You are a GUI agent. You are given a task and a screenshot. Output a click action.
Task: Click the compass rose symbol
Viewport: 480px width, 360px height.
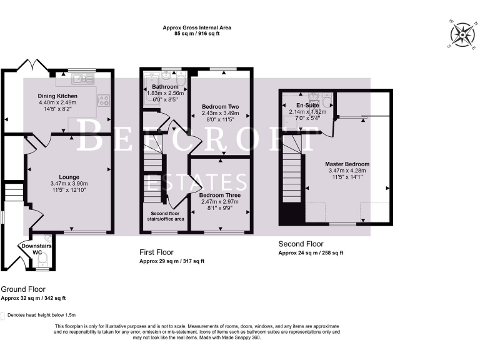(462, 33)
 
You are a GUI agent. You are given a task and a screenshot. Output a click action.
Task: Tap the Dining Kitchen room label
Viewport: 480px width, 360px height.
(58, 96)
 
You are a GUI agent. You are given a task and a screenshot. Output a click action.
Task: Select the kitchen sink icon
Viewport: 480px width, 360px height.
(82, 79)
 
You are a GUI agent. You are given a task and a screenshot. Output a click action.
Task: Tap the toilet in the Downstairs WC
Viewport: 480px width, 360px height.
(43, 259)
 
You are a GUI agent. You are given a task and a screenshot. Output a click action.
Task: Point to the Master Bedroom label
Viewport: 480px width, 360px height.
(347, 164)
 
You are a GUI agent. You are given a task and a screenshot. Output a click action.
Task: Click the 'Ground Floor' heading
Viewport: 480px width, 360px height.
(23, 289)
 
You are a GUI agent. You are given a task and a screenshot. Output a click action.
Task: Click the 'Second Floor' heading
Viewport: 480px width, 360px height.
(301, 244)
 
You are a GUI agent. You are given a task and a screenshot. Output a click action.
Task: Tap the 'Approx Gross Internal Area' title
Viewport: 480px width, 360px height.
(197, 27)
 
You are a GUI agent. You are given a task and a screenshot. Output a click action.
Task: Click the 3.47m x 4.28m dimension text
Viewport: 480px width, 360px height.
(347, 171)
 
